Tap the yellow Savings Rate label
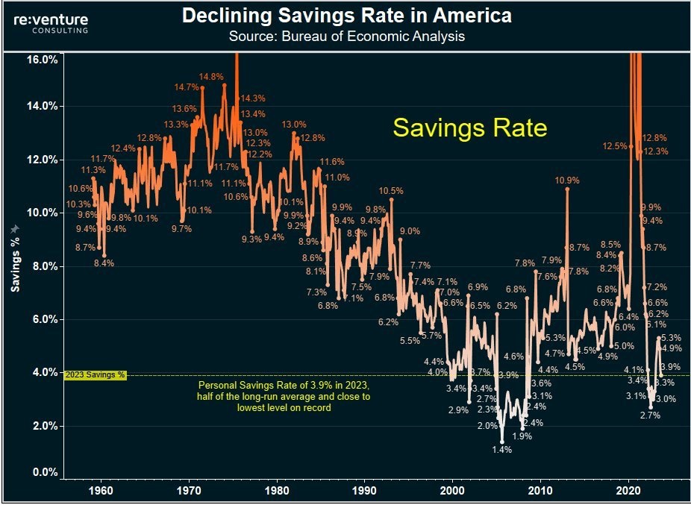(469, 128)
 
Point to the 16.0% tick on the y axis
(42, 59)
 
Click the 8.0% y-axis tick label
(44, 266)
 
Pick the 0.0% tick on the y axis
(44, 472)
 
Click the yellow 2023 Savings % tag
(96, 375)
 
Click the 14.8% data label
(211, 77)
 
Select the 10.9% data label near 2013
(567, 181)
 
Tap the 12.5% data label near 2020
(616, 146)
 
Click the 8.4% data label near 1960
(103, 263)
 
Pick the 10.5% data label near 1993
(391, 191)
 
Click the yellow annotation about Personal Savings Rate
(283, 396)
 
